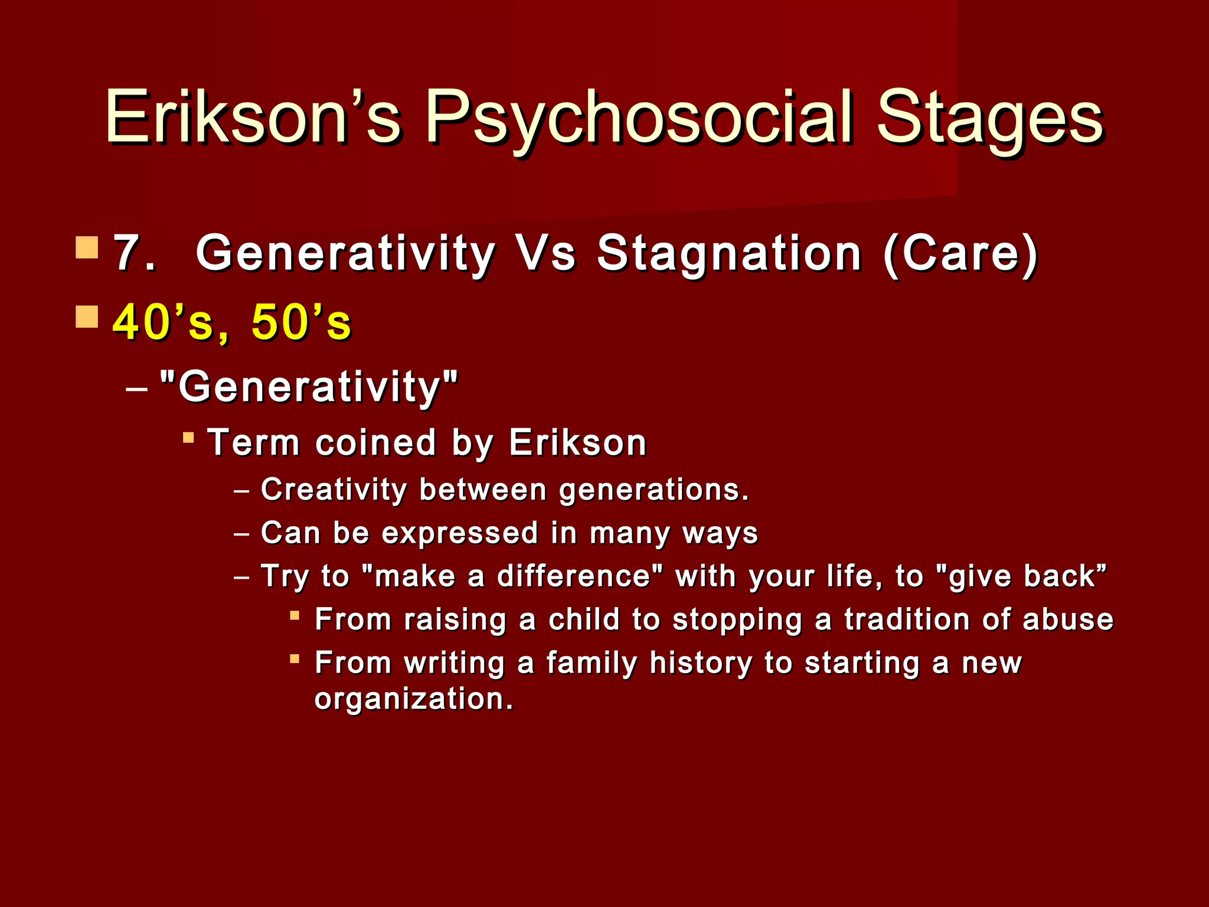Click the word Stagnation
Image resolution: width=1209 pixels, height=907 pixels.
point(729,254)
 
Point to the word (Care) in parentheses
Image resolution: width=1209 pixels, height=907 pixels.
point(960,254)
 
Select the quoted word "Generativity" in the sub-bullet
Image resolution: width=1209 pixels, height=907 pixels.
point(309,387)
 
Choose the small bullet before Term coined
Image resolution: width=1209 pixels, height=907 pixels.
point(188,438)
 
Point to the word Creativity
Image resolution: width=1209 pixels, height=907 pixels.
point(334,490)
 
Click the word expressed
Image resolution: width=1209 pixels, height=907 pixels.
point(460,533)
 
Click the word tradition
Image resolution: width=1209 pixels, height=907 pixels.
point(907,619)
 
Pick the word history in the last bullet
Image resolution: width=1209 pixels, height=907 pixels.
point(700,663)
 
